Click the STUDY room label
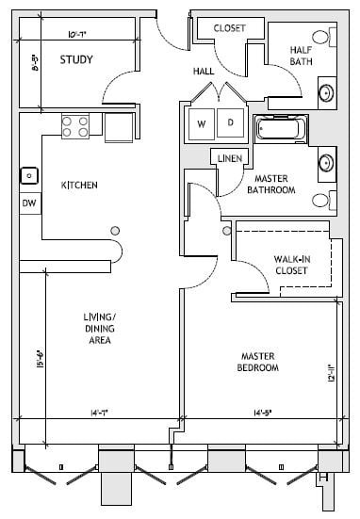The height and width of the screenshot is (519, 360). pos(75,60)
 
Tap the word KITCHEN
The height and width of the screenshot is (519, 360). pos(79,185)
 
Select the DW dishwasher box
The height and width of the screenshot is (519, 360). pos(28,203)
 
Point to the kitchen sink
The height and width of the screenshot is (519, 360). pos(29,174)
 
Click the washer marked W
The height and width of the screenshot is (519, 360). pos(202,123)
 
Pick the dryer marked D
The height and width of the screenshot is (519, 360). pos(229,123)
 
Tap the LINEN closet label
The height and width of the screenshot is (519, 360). pos(231,157)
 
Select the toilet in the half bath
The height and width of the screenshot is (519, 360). pos(321,39)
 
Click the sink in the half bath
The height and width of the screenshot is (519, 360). pos(326,92)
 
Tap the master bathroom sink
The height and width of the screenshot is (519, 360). pos(326,161)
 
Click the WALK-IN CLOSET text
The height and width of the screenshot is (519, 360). pos(293,263)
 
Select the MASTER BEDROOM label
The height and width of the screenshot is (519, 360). pos(259,362)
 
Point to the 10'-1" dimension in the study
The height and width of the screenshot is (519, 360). pos(77,37)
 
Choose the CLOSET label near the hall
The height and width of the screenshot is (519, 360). pos(229,28)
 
